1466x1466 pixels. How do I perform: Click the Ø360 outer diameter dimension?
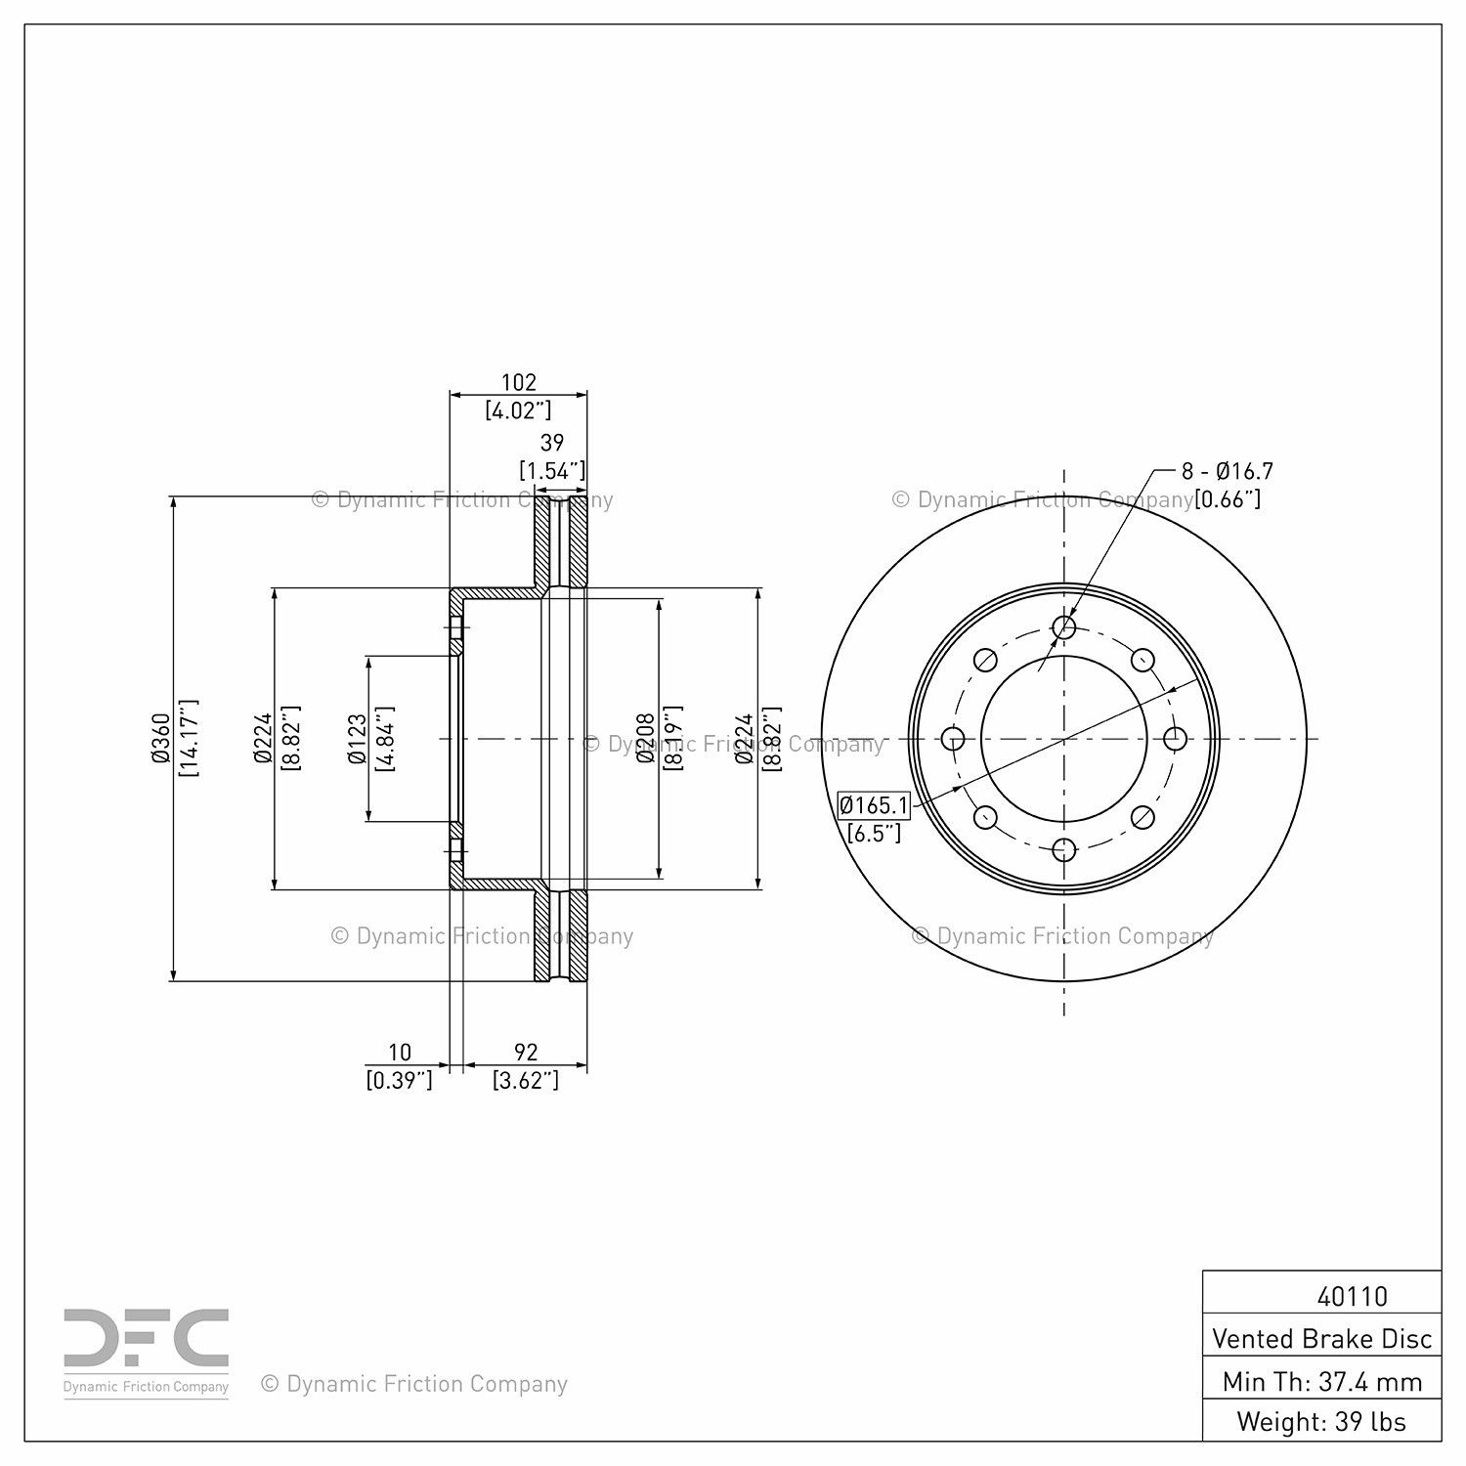coord(161,738)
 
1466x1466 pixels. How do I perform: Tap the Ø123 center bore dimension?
coord(357,738)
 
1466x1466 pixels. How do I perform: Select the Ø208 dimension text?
coord(645,738)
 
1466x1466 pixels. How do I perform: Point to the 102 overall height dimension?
coord(518,383)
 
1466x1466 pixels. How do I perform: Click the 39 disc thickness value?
coord(552,444)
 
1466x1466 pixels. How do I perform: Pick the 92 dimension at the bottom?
coord(526,1053)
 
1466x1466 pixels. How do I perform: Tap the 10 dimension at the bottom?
coord(400,1053)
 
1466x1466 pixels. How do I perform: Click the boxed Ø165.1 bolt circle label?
coord(875,805)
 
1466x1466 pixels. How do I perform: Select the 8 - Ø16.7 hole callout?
coord(1228,471)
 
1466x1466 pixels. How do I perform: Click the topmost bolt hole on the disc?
coord(1064,626)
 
